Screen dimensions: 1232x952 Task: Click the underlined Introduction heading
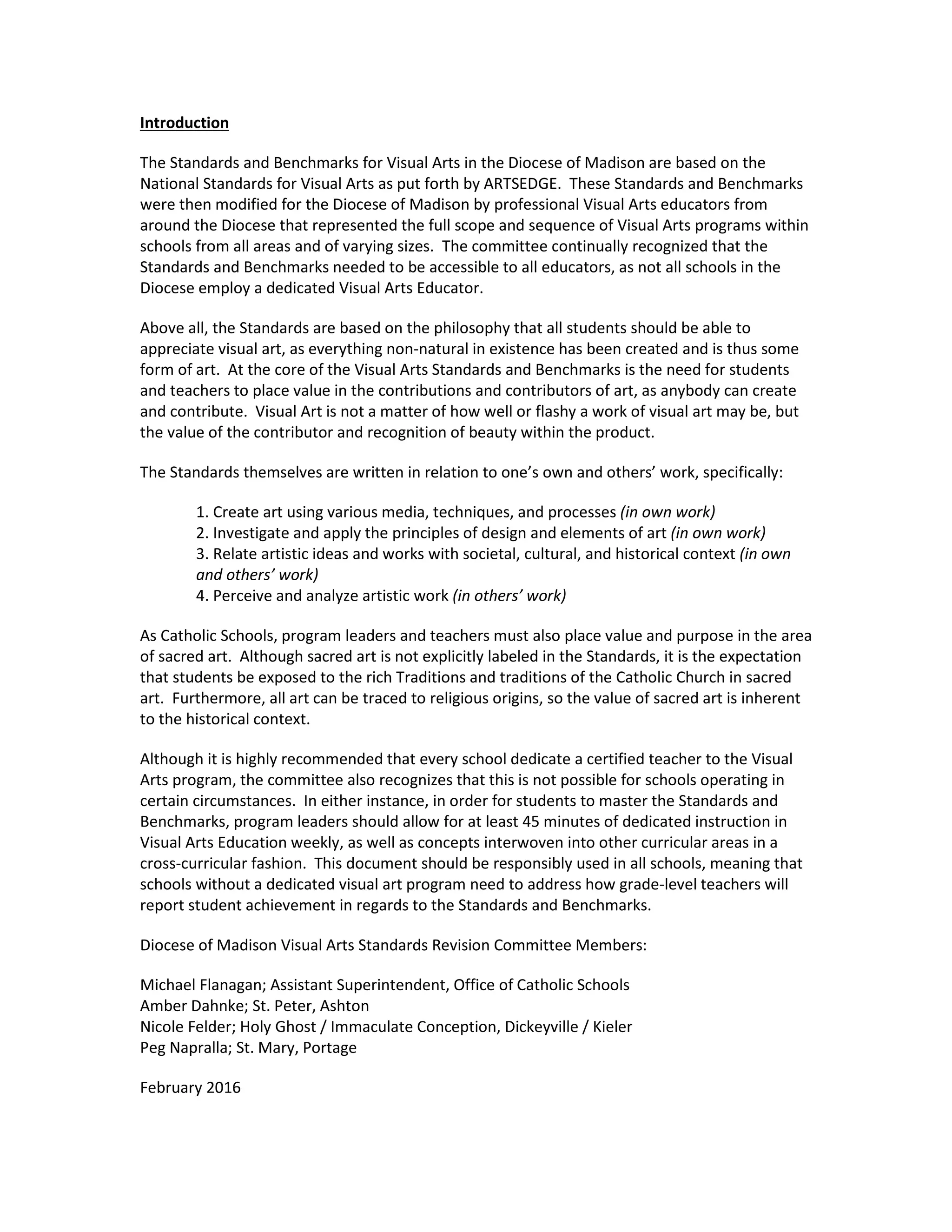pos(184,123)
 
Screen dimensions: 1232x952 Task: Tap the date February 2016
pos(190,1087)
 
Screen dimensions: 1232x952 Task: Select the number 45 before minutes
pos(531,821)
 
